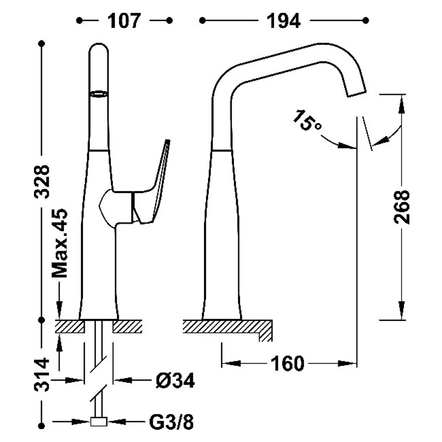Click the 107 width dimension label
[124, 21]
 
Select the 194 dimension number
[283, 21]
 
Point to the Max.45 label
[60, 243]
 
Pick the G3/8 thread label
[172, 422]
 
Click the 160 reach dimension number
[287, 363]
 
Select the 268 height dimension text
[402, 207]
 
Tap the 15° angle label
[306, 121]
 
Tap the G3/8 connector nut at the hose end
[99, 422]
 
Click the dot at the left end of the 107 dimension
[79, 20]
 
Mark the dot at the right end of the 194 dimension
[366, 20]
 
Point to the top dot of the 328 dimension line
[42, 44]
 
